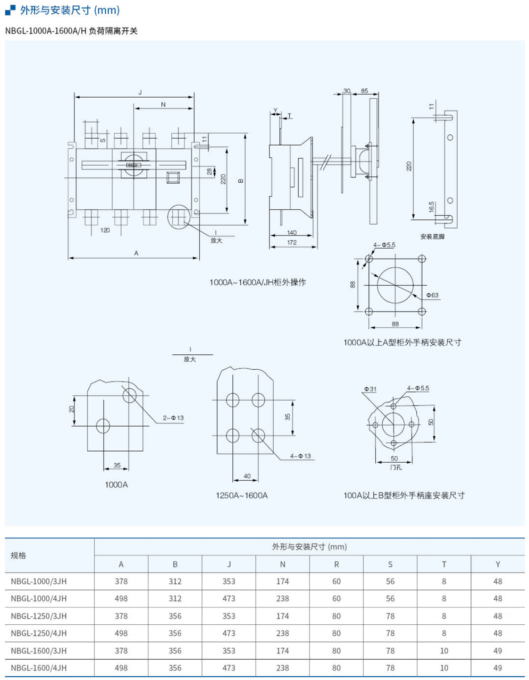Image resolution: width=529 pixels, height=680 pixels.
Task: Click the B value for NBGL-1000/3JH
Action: [175, 581]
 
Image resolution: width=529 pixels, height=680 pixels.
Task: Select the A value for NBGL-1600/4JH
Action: [121, 668]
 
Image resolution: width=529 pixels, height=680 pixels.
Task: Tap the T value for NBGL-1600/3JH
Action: [444, 651]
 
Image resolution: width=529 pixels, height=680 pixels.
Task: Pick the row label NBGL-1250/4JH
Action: [39, 633]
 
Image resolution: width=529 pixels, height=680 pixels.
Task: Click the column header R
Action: [336, 564]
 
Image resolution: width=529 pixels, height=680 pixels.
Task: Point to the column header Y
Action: [498, 564]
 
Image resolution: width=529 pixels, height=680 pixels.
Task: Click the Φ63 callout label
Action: [432, 295]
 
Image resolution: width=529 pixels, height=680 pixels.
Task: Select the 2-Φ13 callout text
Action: [173, 418]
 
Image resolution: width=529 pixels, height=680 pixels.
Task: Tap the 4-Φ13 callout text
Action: [300, 456]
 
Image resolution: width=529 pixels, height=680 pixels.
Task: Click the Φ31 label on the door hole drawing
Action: [371, 389]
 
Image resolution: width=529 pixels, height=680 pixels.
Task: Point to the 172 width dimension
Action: [291, 243]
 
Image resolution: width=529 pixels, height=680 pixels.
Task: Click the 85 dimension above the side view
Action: [364, 91]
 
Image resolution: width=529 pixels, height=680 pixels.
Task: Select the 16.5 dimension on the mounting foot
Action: [432, 207]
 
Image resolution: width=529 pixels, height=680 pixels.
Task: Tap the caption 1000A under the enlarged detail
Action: [116, 484]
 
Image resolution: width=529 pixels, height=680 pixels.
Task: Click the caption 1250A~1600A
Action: [242, 495]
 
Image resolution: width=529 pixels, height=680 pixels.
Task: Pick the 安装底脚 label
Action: [432, 236]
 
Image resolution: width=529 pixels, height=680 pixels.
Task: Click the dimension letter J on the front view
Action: [140, 92]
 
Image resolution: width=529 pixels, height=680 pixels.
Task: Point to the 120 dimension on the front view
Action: [105, 230]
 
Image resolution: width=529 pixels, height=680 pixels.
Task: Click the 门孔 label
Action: [396, 467]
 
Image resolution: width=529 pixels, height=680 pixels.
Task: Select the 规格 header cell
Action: [19, 555]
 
